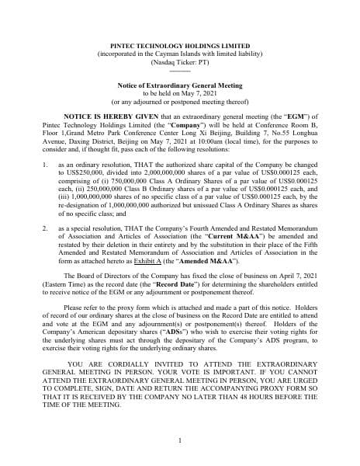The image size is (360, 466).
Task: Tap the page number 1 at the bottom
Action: (179, 441)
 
